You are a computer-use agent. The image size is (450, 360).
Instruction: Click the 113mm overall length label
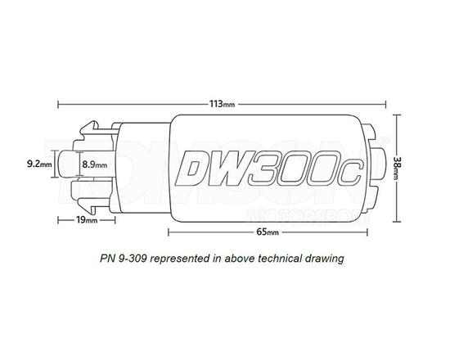(222, 105)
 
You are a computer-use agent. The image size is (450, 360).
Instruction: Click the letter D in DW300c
(193, 169)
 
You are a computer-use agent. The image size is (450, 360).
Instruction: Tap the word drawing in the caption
(328, 258)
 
